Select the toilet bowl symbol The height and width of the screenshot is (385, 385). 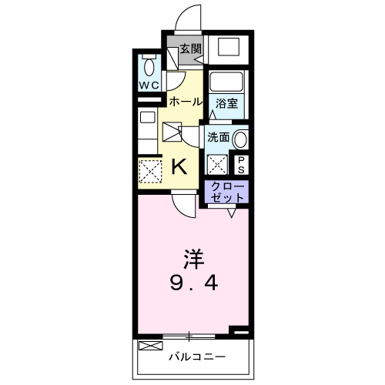(x=149, y=63)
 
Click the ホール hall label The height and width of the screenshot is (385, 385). (x=185, y=102)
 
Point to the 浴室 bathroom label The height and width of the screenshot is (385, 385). (x=226, y=102)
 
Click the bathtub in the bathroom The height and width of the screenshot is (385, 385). (x=227, y=82)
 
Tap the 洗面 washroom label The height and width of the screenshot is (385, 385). (x=218, y=137)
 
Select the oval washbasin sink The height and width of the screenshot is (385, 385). (x=241, y=139)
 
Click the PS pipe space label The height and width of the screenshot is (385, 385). (x=241, y=163)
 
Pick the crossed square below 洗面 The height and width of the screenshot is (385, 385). (x=218, y=164)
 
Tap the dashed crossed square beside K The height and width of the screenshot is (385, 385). (x=149, y=169)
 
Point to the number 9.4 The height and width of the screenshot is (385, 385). (x=193, y=283)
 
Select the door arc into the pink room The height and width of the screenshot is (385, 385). (x=182, y=206)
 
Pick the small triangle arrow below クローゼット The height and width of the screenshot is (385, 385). (x=230, y=213)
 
